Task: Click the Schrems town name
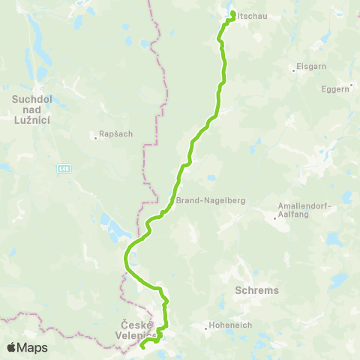(x=257, y=289)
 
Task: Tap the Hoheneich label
(x=229, y=326)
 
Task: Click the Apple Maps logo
(x=28, y=347)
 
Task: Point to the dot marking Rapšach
(x=94, y=136)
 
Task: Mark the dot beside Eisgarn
(x=292, y=71)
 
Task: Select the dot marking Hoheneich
(x=206, y=326)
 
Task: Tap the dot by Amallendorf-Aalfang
(x=274, y=216)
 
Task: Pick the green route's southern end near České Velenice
(x=142, y=346)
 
